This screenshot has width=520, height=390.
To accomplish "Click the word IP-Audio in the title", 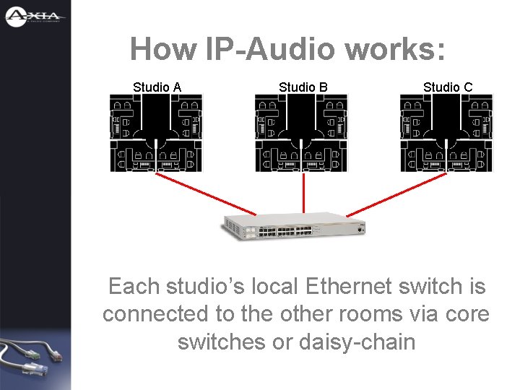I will (270, 50).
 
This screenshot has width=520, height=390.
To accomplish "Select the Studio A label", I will (157, 87).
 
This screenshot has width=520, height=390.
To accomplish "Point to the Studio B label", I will (303, 87).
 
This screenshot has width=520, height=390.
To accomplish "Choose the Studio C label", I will (448, 87).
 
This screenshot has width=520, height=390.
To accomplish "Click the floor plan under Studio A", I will (157, 133).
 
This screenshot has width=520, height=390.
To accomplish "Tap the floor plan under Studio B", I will (301, 133).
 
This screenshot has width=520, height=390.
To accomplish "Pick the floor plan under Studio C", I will (446, 133).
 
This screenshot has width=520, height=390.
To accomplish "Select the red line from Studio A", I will (206, 194).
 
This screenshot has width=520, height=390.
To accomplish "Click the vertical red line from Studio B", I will (303, 194).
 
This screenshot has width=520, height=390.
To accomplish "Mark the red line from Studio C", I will (397, 194).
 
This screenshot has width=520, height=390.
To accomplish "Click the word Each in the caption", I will (134, 287).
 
